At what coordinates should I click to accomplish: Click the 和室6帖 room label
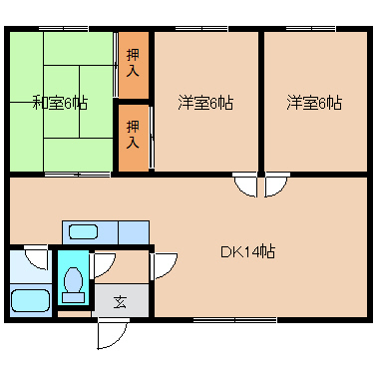(60, 103)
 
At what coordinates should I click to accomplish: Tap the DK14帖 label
(248, 251)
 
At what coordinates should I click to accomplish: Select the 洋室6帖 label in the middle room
(205, 103)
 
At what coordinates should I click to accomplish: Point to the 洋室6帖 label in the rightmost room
(314, 103)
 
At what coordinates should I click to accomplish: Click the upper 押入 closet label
(133, 63)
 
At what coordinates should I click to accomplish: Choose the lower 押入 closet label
(133, 135)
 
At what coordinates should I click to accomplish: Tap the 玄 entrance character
(120, 302)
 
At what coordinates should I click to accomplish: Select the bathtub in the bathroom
(30, 300)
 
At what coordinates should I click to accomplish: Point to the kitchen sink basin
(83, 231)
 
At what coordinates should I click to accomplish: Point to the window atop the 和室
(63, 29)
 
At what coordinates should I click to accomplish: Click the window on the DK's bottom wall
(234, 320)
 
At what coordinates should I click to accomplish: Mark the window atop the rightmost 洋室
(310, 29)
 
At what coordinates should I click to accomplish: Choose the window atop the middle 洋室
(201, 29)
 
